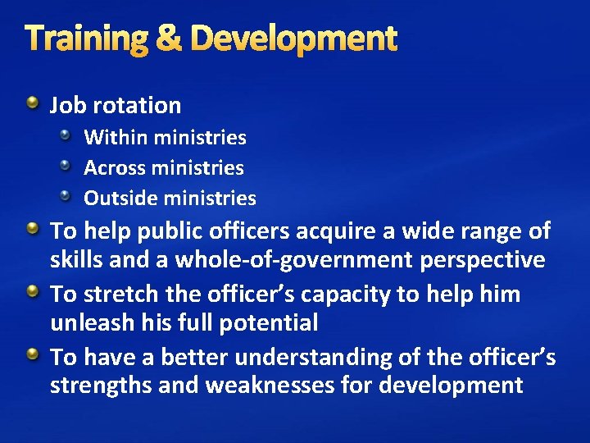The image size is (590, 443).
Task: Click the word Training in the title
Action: pos(86,39)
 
